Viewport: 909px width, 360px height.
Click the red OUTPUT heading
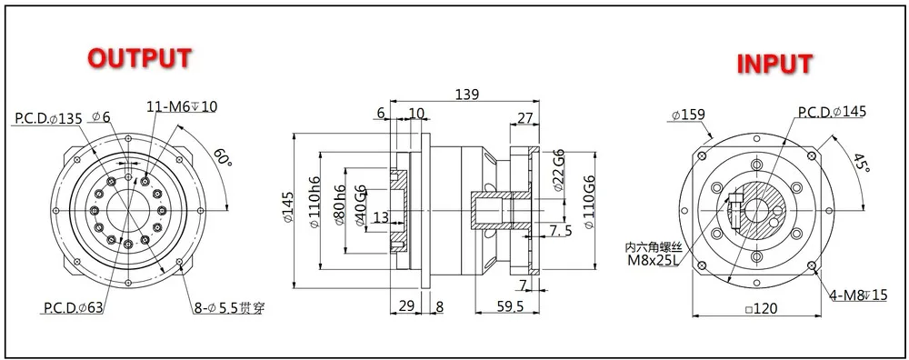[139, 58]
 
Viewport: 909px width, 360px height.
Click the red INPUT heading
[774, 64]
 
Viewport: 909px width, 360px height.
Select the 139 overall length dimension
[466, 95]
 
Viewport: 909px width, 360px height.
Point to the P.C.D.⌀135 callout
[49, 118]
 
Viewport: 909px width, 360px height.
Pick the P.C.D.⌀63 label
[74, 307]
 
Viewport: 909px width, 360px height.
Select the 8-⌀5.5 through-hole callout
[229, 308]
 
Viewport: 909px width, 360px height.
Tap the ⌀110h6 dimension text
[315, 209]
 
